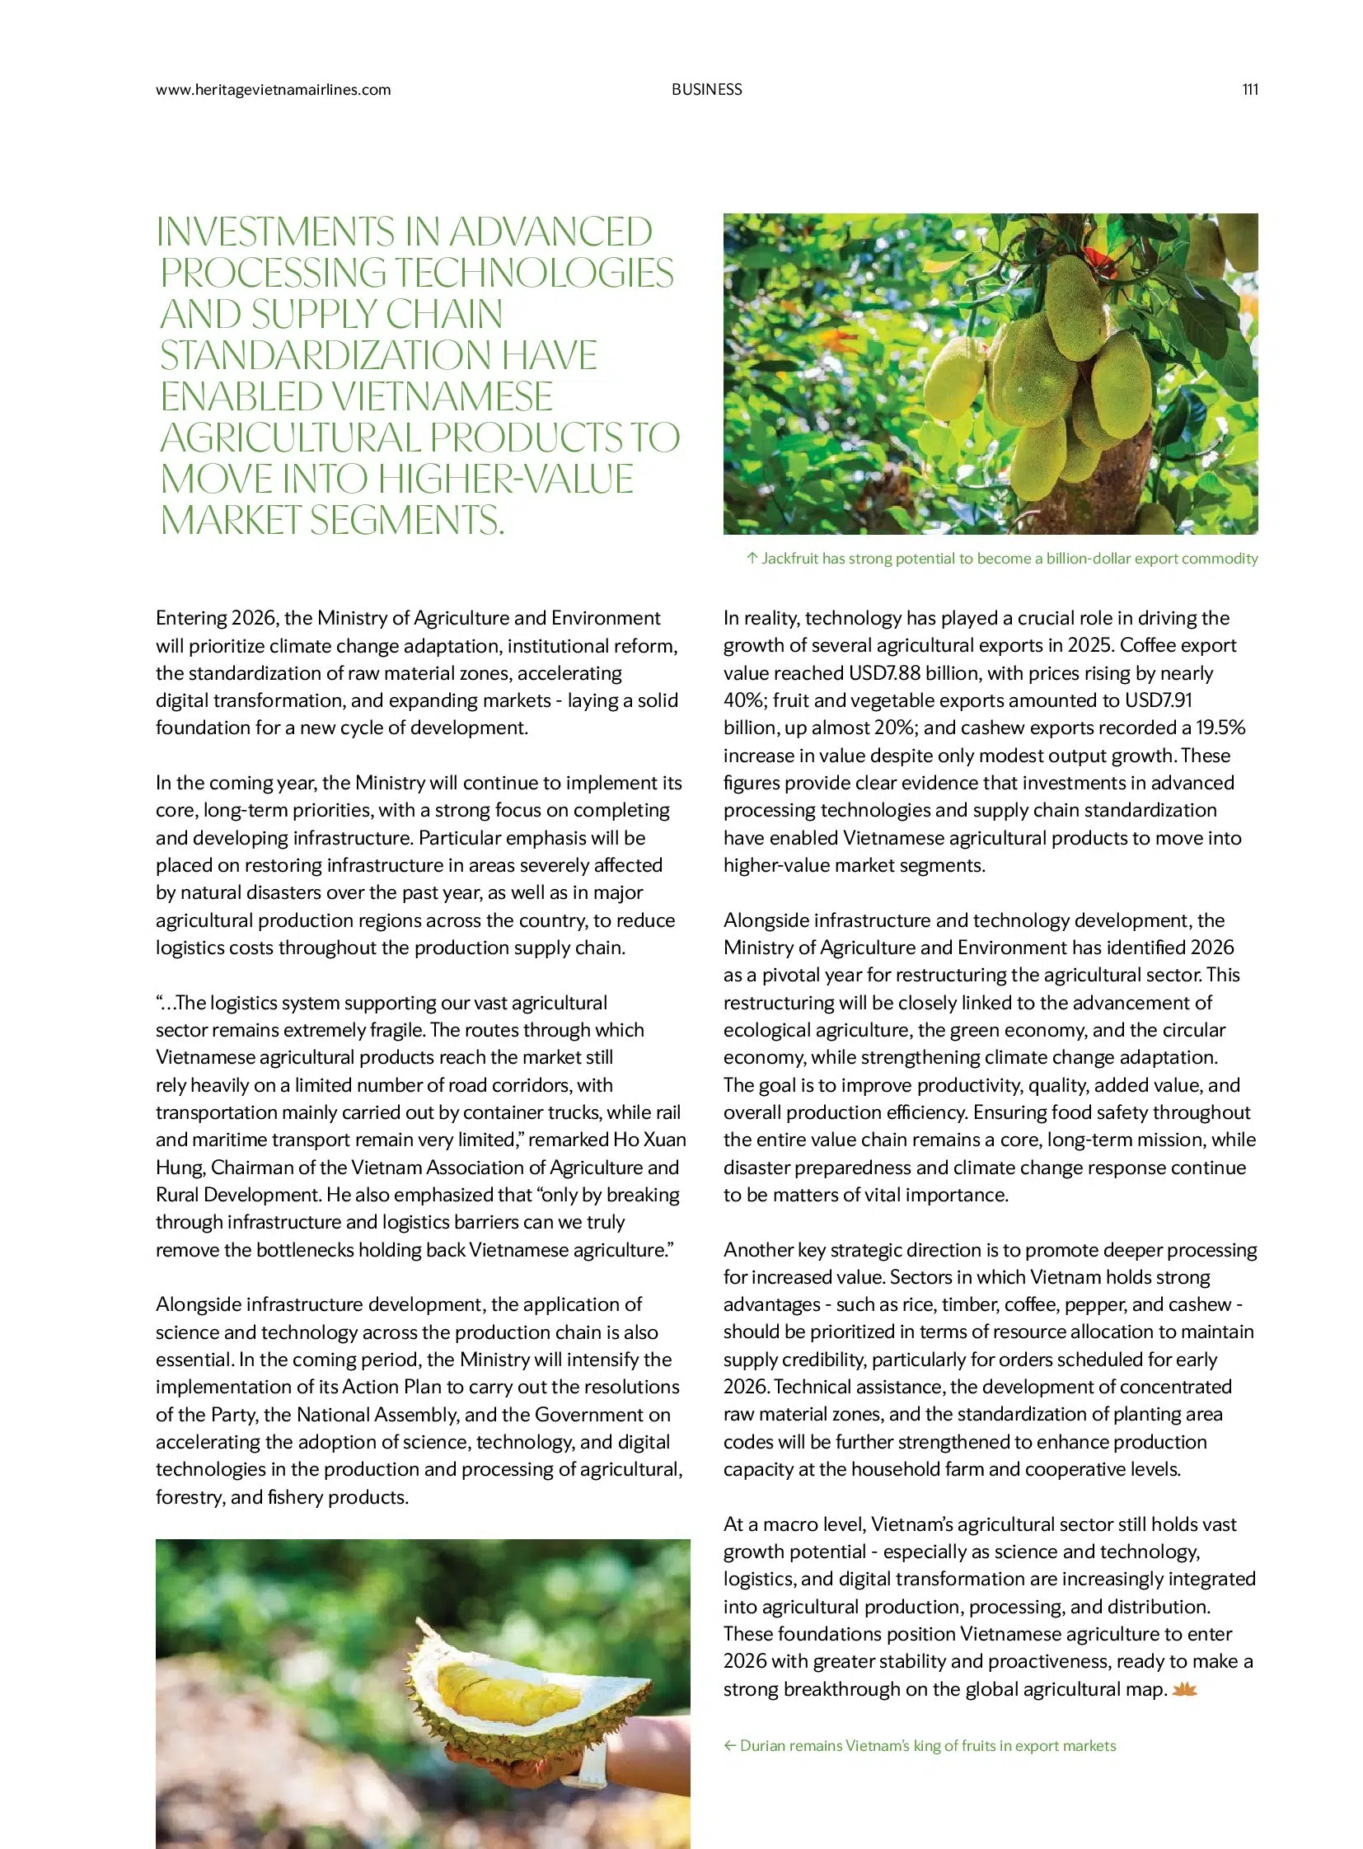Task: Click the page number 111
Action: [1249, 90]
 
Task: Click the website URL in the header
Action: [273, 90]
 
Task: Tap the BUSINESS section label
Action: [706, 90]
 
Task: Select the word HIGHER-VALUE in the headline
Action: [507, 480]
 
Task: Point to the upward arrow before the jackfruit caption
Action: [751, 559]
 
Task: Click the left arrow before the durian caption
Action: [729, 1746]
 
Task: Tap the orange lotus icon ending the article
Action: [1184, 1690]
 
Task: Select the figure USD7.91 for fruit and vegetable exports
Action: [1159, 700]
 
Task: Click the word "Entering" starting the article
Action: [190, 618]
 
